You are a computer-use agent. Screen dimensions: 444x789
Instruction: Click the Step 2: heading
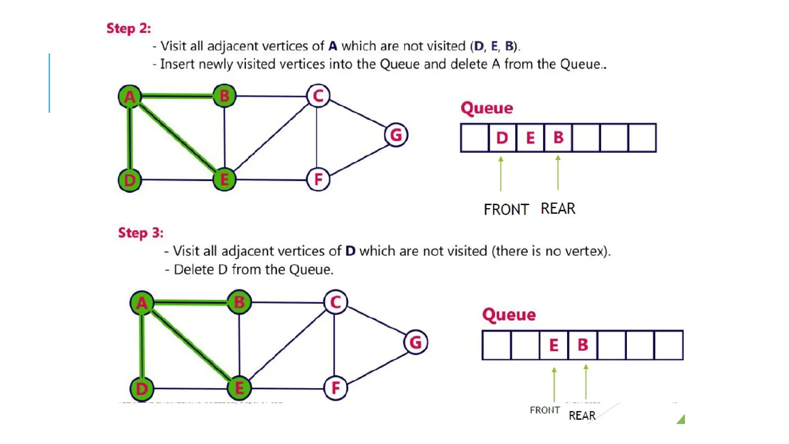pos(129,29)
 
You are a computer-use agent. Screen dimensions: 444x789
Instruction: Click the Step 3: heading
pos(141,233)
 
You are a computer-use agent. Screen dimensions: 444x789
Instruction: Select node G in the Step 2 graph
pos(396,135)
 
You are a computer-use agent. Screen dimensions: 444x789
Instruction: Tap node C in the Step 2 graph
pos(318,96)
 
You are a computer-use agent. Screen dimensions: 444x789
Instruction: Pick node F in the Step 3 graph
pos(336,388)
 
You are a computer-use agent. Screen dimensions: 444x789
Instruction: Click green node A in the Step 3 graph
pos(142,303)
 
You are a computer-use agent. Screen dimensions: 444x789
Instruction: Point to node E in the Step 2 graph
pos(225,180)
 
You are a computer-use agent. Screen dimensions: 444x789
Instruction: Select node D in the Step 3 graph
pos(142,388)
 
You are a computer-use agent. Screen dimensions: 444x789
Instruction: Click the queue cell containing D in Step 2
pos(502,138)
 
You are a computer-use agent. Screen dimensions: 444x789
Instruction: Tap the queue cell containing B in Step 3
pos(583,345)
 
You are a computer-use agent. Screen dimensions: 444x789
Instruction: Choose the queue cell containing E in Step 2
pos(530,138)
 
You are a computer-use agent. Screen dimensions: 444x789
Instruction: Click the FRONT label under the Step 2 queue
pos(506,210)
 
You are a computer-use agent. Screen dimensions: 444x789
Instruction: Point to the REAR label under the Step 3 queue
pos(582,415)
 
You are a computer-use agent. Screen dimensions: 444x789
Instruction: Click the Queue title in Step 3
pos(509,314)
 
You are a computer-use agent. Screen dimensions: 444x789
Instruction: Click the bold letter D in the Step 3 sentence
pos(350,251)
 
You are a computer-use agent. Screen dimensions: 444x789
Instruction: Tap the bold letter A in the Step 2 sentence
pos(333,46)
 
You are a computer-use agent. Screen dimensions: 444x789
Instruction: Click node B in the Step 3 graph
pos(239,302)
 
